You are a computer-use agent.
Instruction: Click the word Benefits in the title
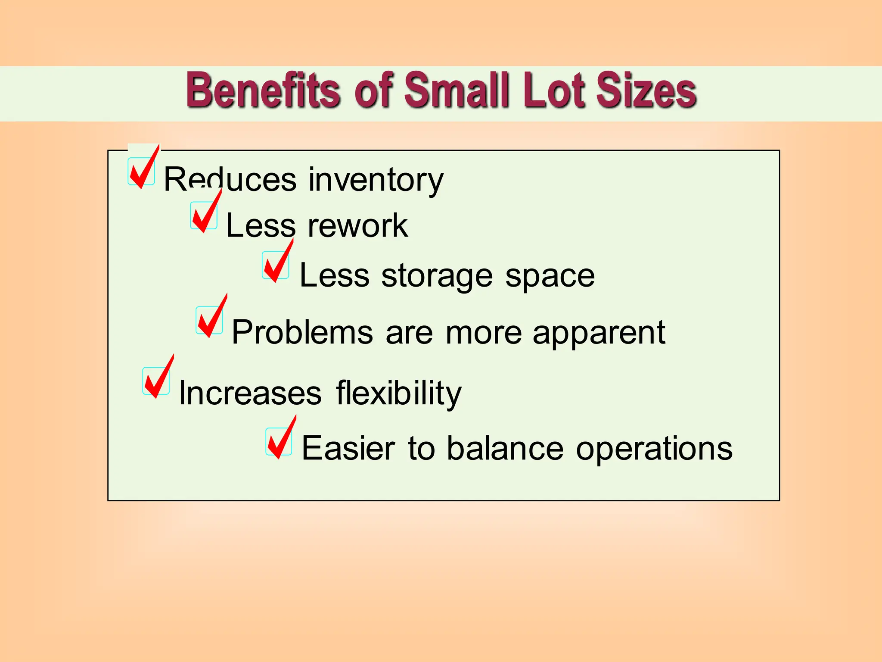point(263,91)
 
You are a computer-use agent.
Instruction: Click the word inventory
point(376,180)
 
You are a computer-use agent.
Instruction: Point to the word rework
point(357,225)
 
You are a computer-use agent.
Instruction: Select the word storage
point(437,276)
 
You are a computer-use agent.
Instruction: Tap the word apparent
point(599,333)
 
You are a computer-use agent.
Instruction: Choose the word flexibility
point(398,393)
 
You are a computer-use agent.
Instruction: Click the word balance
point(505,448)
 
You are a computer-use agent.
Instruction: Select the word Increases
point(250,393)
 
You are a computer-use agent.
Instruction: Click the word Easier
point(348,448)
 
